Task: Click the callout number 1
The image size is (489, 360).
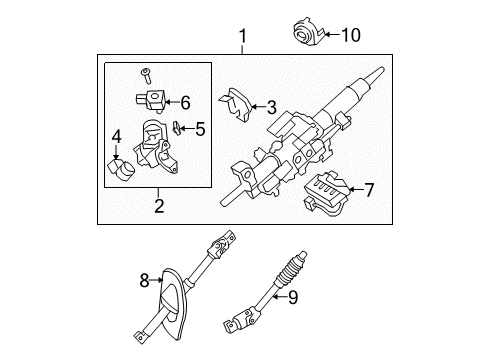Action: point(241,37)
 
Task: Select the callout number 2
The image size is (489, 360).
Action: point(158,208)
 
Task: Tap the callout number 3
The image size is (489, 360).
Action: point(270,106)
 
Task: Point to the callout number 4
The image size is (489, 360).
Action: point(117,135)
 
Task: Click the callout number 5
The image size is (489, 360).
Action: point(199,127)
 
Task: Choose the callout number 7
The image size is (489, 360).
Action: point(368,187)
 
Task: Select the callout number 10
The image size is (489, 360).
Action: point(349,36)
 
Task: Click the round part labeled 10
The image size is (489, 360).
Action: point(305,32)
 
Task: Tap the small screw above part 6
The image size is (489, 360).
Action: point(145,73)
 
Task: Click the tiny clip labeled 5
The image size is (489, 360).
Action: point(177,127)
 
